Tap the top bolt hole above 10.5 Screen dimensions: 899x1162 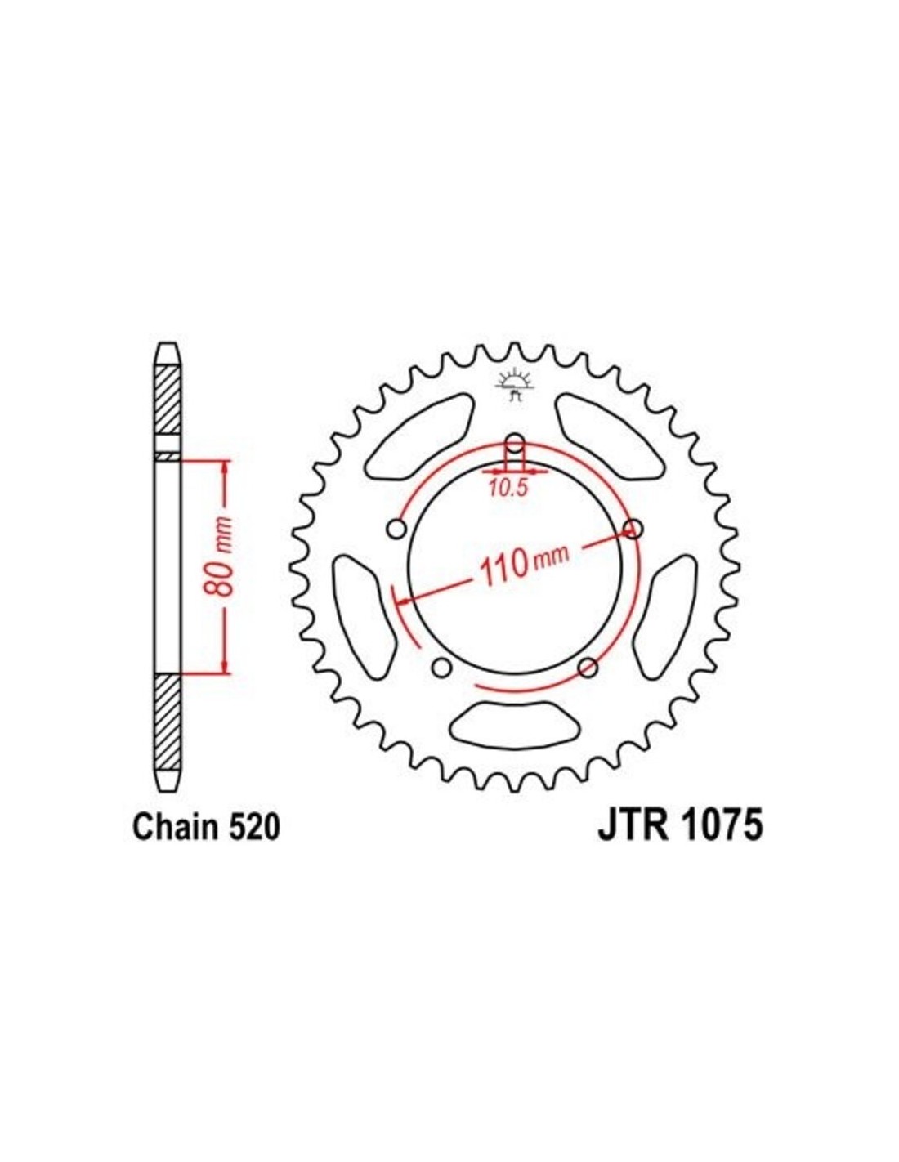tap(515, 443)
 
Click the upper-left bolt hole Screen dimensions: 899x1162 tap(396, 530)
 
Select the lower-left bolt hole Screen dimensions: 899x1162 tap(442, 668)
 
